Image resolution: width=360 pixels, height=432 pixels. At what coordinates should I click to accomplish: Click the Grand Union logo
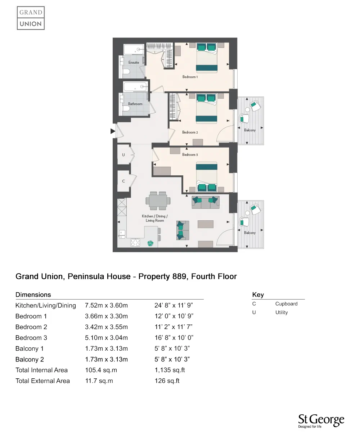[x=31, y=18]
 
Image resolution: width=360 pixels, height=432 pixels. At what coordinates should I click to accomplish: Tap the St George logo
[x=321, y=421]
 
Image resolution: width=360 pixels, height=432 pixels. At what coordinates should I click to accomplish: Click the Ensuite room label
[x=134, y=63]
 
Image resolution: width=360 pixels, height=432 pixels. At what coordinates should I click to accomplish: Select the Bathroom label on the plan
[x=135, y=104]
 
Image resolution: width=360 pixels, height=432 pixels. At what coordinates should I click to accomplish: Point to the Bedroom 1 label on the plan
[x=190, y=77]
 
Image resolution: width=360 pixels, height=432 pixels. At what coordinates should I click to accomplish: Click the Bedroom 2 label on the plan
[x=190, y=132]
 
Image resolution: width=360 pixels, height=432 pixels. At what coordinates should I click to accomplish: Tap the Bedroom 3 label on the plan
[x=190, y=155]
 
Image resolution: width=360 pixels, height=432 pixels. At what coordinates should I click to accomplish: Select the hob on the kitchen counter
[x=135, y=242]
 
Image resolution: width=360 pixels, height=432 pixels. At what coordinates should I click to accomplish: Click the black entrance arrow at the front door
[x=113, y=132]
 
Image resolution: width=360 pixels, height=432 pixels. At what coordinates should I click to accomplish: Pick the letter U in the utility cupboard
[x=123, y=155]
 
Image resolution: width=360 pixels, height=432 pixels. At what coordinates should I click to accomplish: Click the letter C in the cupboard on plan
[x=123, y=181]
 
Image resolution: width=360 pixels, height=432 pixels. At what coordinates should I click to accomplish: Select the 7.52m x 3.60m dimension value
[x=106, y=306]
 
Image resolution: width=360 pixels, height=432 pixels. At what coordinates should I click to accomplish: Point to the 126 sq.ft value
[x=167, y=381]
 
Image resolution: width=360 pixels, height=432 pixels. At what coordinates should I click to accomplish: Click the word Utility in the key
[x=282, y=312]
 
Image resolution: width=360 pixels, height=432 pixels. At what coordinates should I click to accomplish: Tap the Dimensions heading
[x=33, y=295]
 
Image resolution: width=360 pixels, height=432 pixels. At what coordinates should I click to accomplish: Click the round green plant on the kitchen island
[x=150, y=243]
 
